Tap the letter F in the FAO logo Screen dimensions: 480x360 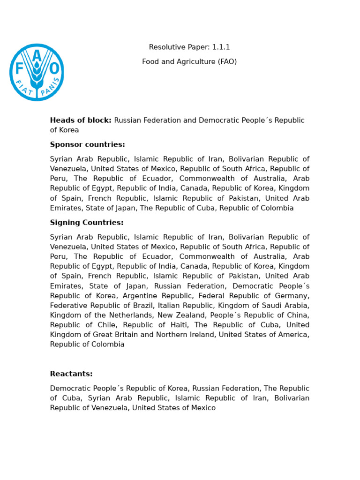(x=19, y=69)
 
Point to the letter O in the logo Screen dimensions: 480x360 (x=54, y=69)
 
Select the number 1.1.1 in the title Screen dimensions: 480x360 (x=221, y=47)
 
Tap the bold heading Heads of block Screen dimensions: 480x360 (x=81, y=120)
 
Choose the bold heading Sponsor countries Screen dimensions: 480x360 (x=87, y=144)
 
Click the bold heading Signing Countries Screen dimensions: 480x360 (x=87, y=223)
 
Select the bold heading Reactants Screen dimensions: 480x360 (x=71, y=374)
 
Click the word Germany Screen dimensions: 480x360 (x=292, y=296)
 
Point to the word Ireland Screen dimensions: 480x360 (x=198, y=335)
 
